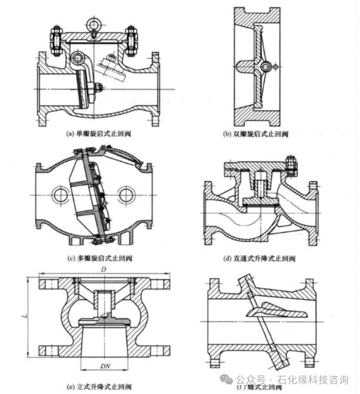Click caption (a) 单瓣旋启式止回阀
point(99,134)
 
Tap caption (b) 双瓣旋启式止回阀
point(255,134)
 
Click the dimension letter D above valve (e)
point(103,270)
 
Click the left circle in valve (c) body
point(61,195)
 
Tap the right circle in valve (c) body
point(126,195)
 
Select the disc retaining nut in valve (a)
point(99,88)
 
